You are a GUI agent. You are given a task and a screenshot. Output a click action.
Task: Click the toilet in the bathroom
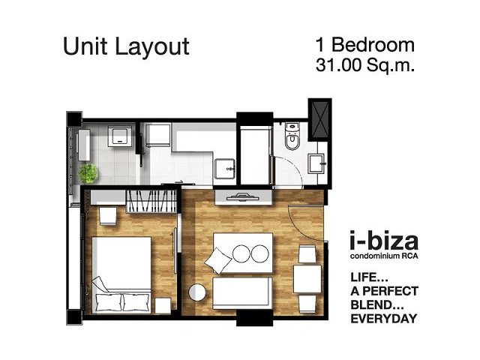pyautogui.click(x=292, y=136)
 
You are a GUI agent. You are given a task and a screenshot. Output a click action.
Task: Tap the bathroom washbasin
pyautogui.click(x=316, y=163)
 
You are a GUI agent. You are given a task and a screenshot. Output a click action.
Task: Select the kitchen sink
pyautogui.click(x=224, y=169)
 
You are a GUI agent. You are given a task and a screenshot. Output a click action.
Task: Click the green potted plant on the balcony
pyautogui.click(x=88, y=173)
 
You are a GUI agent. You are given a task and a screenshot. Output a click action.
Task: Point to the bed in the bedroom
pyautogui.click(x=121, y=274)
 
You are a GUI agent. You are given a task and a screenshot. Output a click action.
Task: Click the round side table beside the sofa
pyautogui.click(x=197, y=292)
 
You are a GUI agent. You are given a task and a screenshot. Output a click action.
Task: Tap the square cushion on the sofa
pyautogui.click(x=218, y=260)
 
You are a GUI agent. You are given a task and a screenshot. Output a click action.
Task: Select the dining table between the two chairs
pyautogui.click(x=307, y=279)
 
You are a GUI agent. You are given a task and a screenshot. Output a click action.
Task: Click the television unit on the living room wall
pyautogui.click(x=243, y=197)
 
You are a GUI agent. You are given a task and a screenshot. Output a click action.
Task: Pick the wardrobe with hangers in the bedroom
pyautogui.click(x=151, y=201)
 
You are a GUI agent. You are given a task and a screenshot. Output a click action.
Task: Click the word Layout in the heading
pyautogui.click(x=152, y=46)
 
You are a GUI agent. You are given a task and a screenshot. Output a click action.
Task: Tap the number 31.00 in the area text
pyautogui.click(x=338, y=64)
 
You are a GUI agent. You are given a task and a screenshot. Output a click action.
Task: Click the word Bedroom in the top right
pyautogui.click(x=373, y=45)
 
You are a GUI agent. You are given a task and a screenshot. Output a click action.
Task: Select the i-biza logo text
pyautogui.click(x=384, y=241)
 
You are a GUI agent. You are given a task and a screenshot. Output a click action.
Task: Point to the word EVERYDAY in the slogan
pyautogui.click(x=384, y=319)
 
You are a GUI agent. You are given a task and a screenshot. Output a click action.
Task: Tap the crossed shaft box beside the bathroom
pyautogui.click(x=319, y=119)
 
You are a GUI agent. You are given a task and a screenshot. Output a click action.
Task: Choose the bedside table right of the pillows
pyautogui.click(x=163, y=305)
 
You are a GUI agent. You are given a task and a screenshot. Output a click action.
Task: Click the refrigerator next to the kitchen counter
pyautogui.click(x=159, y=135)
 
